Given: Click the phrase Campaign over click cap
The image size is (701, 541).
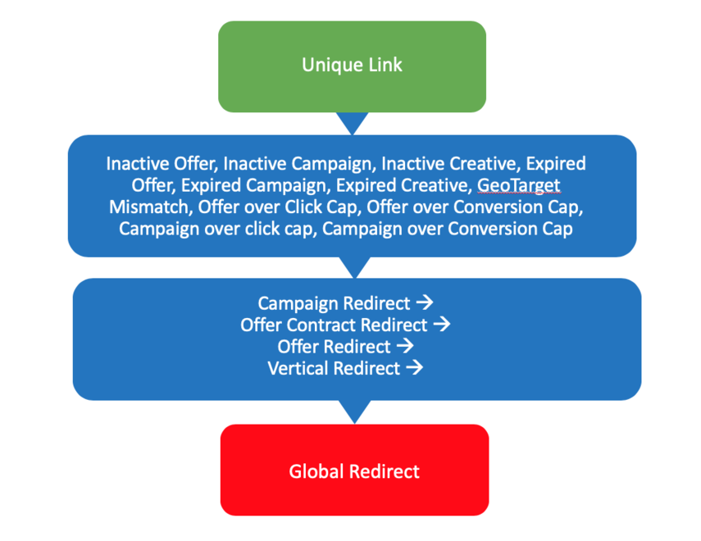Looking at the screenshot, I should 216,229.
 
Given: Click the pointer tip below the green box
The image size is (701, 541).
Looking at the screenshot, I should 353,130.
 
